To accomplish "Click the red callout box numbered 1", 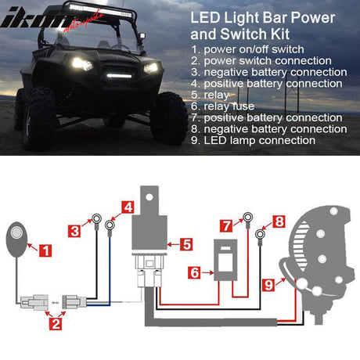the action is point(45,250).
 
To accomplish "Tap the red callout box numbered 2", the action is point(56,324).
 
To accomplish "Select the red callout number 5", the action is point(186,244).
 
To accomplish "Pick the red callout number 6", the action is point(194,272).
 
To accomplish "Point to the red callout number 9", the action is point(268,285).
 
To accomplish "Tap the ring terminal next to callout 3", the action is point(96,218).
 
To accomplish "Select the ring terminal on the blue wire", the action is point(110,225).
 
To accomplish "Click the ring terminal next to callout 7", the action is point(247,217).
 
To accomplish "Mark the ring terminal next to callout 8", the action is point(260,234).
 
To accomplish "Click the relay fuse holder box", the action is point(225,260).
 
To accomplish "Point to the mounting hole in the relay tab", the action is point(149,196).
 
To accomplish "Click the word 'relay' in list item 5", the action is point(217,95).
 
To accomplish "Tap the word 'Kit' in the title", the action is point(280,34).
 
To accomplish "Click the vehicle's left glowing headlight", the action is point(81,63).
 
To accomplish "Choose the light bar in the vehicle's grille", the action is point(119,76).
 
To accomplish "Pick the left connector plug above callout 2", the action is point(34,303).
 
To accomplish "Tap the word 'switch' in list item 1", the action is point(287,49).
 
